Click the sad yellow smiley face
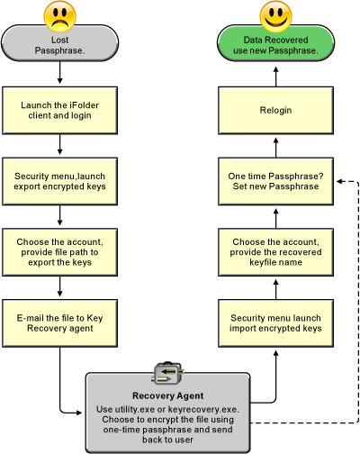click(x=59, y=16)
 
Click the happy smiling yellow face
click(x=275, y=16)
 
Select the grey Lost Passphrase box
click(x=60, y=43)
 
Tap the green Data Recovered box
click(x=275, y=43)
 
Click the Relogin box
click(x=275, y=111)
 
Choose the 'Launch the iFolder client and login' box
click(x=60, y=111)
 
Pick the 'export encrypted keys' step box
click(x=60, y=181)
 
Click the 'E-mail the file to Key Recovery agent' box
click(x=60, y=323)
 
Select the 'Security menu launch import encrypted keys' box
click(x=275, y=323)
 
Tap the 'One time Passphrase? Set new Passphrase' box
click(x=275, y=181)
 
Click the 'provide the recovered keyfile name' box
click(x=275, y=252)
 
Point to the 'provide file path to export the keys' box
click(x=60, y=252)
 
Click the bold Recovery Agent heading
click(x=168, y=395)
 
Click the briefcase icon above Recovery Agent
click(x=168, y=373)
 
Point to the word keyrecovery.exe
click(x=203, y=409)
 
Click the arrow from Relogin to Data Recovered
click(x=276, y=77)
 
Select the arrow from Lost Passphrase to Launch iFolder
click(x=60, y=72)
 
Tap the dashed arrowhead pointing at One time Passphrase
click(x=339, y=181)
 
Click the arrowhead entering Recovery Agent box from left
click(x=79, y=413)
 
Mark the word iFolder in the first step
click(x=84, y=105)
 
